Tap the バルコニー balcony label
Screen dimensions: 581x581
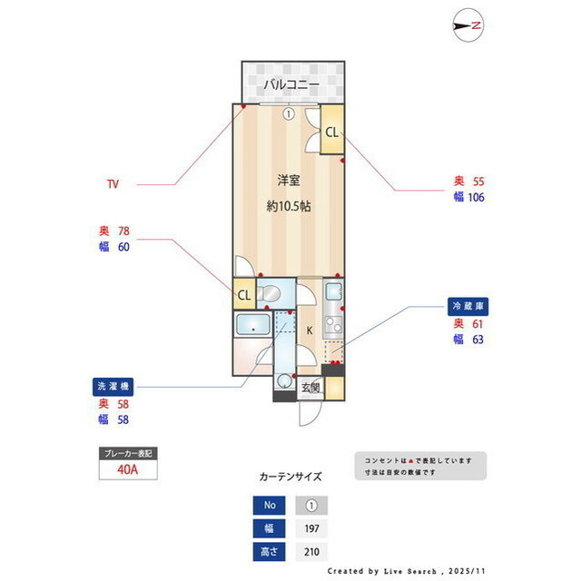click(291, 84)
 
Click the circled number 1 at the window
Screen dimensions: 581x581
click(288, 114)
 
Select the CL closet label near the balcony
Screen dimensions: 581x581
click(331, 132)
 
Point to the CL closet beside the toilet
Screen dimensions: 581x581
click(243, 295)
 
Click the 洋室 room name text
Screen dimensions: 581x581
click(289, 180)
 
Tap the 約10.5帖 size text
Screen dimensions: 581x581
click(289, 206)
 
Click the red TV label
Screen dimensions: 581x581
click(113, 184)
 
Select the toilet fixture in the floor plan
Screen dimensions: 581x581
click(270, 293)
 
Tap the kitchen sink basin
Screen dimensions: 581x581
click(333, 292)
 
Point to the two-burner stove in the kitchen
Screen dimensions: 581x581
click(333, 321)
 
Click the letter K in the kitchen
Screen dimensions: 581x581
click(309, 330)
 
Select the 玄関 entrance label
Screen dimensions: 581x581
click(310, 388)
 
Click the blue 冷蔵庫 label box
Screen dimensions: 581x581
click(469, 305)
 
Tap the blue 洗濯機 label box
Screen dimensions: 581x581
click(113, 385)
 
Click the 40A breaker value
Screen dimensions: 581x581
click(127, 468)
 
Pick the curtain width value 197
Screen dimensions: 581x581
click(310, 528)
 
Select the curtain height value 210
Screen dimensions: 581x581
click(310, 551)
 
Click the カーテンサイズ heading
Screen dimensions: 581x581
click(290, 476)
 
